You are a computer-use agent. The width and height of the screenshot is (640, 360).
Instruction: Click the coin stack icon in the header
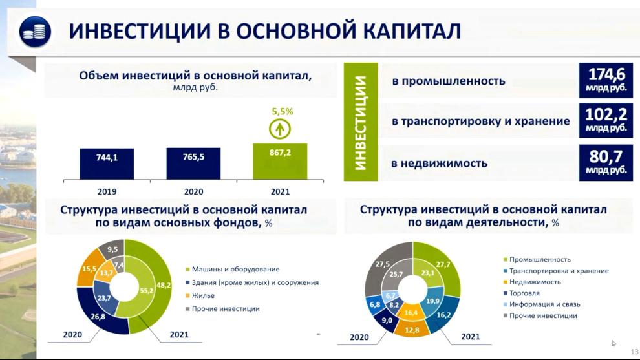pyautogui.click(x=35, y=32)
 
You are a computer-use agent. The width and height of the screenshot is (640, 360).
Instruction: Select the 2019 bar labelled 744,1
pyautogui.click(x=107, y=164)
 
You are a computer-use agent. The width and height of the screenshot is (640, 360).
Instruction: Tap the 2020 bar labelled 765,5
pyautogui.click(x=193, y=164)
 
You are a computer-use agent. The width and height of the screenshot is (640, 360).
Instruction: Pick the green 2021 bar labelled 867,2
pyautogui.click(x=280, y=161)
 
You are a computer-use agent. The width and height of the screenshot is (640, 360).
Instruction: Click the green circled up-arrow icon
pyautogui.click(x=279, y=129)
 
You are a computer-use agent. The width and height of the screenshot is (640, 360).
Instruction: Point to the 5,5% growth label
pyautogui.click(x=283, y=111)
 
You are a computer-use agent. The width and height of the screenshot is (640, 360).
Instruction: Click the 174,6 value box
pyautogui.click(x=606, y=80)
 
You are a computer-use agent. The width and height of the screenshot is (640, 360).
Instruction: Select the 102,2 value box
pyautogui.click(x=606, y=121)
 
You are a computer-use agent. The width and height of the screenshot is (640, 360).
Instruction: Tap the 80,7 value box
pyautogui.click(x=606, y=163)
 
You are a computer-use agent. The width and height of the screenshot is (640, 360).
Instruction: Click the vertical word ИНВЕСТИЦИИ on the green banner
pyautogui.click(x=361, y=122)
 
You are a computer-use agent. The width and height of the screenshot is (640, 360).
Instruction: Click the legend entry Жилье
pyautogui.click(x=200, y=295)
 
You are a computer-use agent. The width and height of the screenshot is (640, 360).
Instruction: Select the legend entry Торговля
pyautogui.click(x=522, y=293)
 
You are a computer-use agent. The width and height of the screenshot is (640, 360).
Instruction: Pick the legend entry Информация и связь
pyautogui.click(x=542, y=304)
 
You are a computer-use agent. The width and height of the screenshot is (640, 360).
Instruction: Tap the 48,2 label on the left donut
pyautogui.click(x=164, y=285)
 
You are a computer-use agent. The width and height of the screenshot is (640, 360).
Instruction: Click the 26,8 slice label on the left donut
pyautogui.click(x=98, y=316)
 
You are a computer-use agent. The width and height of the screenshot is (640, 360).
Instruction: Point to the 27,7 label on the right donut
pyautogui.click(x=443, y=264)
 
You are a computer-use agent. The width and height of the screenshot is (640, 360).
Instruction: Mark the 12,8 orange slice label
pyautogui.click(x=412, y=330)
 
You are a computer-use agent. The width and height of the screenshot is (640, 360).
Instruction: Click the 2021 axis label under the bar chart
pyautogui.click(x=280, y=191)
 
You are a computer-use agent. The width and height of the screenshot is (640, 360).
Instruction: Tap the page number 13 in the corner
pyautogui.click(x=634, y=352)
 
